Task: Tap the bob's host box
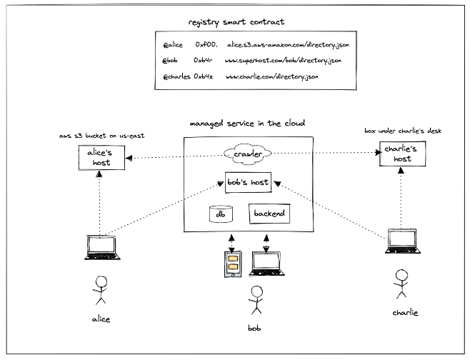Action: (x=249, y=183)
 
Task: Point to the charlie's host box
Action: (x=402, y=154)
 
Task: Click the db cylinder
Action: (x=220, y=214)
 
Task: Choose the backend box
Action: (x=269, y=214)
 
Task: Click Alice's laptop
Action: (x=101, y=248)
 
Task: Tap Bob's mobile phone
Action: (x=232, y=264)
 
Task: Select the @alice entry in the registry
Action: (x=172, y=44)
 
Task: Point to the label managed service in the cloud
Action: (x=247, y=124)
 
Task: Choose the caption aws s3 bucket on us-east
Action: (x=102, y=136)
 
